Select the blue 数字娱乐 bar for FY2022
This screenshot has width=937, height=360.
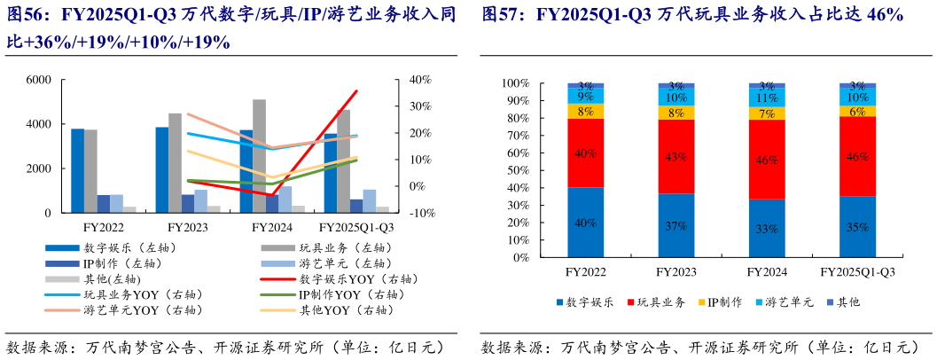coord(78,171)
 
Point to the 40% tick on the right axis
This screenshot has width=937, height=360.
coord(420,80)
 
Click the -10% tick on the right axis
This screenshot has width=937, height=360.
coord(420,214)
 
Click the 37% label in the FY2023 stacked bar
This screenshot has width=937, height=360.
coord(676,226)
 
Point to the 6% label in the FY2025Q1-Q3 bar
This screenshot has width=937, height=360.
coord(857,112)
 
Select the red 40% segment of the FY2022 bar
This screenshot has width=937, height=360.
coord(586,153)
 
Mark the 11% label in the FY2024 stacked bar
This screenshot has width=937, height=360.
coord(767,98)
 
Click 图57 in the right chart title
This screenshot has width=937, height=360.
coord(502,16)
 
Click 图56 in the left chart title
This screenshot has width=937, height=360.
coord(27,16)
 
